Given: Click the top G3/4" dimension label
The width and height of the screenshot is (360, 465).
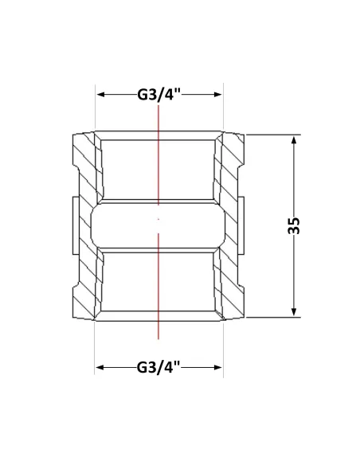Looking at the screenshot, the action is (159, 95).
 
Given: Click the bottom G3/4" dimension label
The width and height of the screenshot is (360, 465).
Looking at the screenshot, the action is (158, 367).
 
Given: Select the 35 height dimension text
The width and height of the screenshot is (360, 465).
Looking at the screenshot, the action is (294, 226).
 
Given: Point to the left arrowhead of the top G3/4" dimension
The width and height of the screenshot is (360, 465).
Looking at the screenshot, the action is (102, 95).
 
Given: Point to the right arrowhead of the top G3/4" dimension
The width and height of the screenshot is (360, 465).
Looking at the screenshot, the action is (217, 95).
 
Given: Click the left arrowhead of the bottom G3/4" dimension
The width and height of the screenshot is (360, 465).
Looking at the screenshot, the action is (101, 367).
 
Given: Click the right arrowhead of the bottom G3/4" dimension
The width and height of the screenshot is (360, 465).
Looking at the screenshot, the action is (217, 367).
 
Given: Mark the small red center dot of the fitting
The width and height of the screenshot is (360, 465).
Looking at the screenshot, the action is (158, 219).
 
